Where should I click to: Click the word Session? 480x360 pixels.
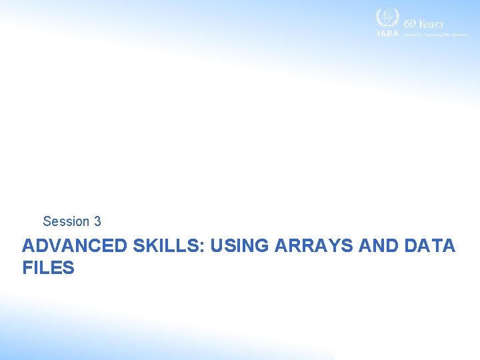(x=66, y=221)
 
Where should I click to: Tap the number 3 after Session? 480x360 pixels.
(x=97, y=221)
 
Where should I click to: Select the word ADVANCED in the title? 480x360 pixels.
(x=75, y=246)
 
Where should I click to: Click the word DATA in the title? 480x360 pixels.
(x=430, y=246)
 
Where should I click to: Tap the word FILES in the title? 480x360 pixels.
(x=48, y=269)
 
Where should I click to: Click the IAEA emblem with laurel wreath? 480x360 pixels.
(x=386, y=18)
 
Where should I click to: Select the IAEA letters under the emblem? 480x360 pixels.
(x=387, y=33)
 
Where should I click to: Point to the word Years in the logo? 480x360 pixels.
(x=431, y=24)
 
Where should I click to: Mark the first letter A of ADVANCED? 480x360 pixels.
(x=29, y=246)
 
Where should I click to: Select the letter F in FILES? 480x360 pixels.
(x=27, y=269)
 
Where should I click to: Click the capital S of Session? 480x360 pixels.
(x=47, y=221)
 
